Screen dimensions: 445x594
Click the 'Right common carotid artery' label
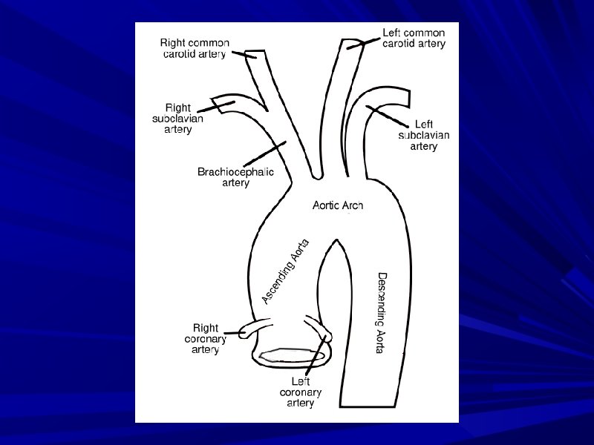pyautogui.click(x=196, y=48)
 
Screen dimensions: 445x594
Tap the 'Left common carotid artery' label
pyautogui.click(x=414, y=39)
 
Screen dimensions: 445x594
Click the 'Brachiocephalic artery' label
pyautogui.click(x=235, y=177)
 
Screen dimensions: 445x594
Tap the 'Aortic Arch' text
pyautogui.click(x=337, y=205)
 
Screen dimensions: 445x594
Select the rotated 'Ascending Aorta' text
pyautogui.click(x=286, y=271)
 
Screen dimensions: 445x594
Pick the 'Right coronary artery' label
pyautogui.click(x=205, y=338)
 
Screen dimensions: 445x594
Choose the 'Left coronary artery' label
pyautogui.click(x=301, y=392)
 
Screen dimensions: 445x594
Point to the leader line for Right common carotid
pyautogui.click(x=242, y=51)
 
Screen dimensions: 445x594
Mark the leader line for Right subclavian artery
pyautogui.click(x=215, y=106)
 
